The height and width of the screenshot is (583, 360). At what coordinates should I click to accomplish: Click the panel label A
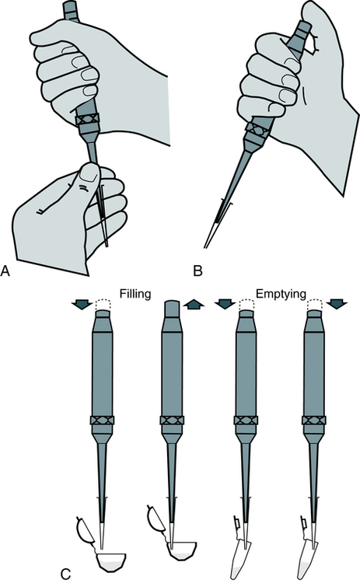tap(5, 271)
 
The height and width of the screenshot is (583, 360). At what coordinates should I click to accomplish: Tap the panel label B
tap(197, 271)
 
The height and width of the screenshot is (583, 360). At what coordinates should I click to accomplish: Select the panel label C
tap(65, 573)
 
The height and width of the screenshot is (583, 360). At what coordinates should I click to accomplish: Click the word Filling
tap(135, 294)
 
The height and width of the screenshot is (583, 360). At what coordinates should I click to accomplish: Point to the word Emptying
tap(281, 294)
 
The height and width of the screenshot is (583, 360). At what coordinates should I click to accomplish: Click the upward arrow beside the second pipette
tap(194, 305)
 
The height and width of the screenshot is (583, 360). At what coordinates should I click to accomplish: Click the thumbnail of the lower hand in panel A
tap(89, 173)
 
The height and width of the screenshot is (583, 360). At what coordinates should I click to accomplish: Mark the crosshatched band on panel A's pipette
tap(87, 120)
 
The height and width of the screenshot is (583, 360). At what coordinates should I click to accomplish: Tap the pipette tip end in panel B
tap(204, 247)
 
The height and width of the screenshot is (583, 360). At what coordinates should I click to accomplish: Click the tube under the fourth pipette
tap(309, 560)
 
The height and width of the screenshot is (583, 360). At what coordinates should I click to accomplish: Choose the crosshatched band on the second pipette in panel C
tap(172, 420)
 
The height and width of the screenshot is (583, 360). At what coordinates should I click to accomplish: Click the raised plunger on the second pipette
tap(172, 309)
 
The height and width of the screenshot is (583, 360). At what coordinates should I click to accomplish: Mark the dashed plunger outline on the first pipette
tap(103, 305)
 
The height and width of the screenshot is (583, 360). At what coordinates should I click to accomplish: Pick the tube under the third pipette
tap(240, 560)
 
